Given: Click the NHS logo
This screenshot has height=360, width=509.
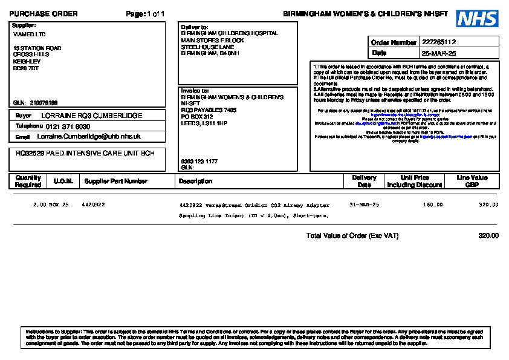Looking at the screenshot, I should coord(477,19).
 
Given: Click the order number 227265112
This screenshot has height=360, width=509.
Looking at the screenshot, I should coord(439,42).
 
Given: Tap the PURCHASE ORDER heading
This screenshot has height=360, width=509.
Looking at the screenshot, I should coord(44,14).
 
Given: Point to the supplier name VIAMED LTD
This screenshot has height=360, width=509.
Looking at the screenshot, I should coord(29,34).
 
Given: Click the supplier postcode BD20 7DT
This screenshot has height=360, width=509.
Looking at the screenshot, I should coord(26,68).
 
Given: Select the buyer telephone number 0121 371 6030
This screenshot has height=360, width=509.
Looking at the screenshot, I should coord(68,126).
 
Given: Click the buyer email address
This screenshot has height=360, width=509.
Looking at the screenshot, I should coord(93,137).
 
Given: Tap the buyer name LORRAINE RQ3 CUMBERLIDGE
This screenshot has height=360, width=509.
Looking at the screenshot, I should coord(92,115).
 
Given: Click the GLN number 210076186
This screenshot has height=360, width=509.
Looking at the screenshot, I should coord(44,103).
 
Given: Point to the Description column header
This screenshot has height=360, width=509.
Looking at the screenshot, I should coord(196,181).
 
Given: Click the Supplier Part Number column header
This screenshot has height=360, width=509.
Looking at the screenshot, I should coord(116,181).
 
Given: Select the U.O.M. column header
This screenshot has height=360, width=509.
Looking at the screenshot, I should coord(63,181).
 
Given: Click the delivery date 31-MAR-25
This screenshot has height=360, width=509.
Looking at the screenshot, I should coord(365,205).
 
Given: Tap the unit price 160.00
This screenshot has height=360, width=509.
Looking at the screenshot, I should coord(432,205).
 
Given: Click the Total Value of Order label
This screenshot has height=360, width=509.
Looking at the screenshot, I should coord(352,235).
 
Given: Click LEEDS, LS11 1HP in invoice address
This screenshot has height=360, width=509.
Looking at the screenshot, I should coord(204,123).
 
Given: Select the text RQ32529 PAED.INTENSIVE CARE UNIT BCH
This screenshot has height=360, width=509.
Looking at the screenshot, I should coord(85,153).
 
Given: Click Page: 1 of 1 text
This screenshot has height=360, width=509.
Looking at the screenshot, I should coord(145,14).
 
